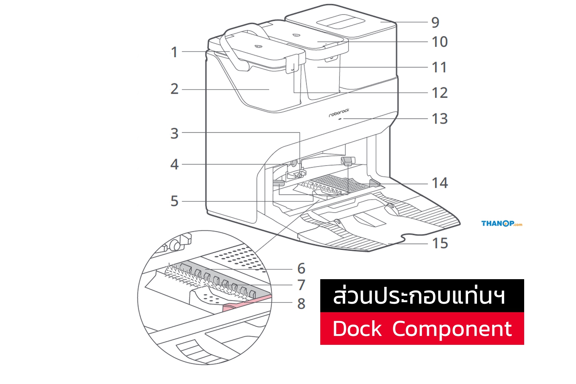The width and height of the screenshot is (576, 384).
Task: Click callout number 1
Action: tap(174, 52)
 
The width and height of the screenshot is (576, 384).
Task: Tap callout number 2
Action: tap(174, 89)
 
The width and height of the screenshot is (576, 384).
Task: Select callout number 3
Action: tap(174, 134)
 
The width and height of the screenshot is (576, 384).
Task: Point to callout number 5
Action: tap(174, 201)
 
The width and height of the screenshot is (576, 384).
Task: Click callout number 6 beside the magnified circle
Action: tap(301, 268)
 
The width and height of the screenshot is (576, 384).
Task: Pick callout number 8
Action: tap(301, 303)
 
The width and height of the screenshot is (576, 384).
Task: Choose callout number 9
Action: tap(435, 22)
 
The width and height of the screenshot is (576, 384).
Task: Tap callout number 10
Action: tap(440, 42)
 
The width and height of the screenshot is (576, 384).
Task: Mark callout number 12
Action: tap(440, 93)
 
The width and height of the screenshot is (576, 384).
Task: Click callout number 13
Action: tap(440, 119)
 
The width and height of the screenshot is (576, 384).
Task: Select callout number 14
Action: tap(440, 183)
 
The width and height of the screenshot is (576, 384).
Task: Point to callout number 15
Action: tap(440, 243)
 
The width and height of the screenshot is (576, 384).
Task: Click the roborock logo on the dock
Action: tap(339, 113)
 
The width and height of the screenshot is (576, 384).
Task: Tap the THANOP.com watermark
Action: tap(502, 223)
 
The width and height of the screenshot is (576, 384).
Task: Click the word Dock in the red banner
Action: tap(357, 329)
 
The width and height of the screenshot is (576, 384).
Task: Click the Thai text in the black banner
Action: tap(419, 296)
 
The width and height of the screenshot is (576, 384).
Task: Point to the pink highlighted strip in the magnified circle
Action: tap(247, 303)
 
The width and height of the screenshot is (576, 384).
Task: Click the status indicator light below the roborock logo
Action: tap(340, 119)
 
